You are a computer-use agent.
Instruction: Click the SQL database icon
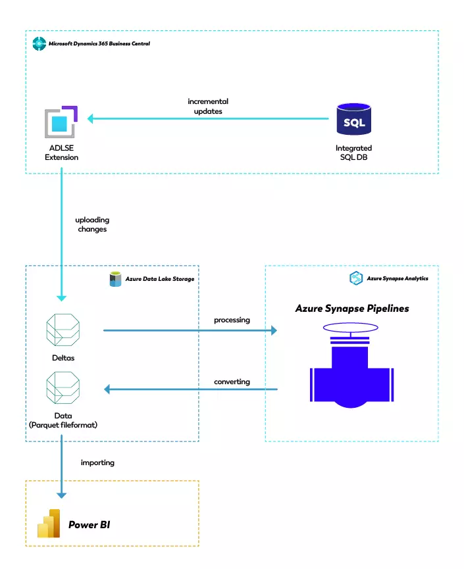point(353,119)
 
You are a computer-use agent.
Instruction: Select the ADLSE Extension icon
point(61,121)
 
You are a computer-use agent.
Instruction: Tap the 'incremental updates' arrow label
point(208,107)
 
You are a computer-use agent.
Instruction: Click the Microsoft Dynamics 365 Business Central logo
point(39,44)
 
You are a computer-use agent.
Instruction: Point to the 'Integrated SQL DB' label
point(353,153)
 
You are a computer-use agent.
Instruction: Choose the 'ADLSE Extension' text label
point(61,153)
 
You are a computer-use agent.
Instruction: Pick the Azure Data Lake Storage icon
point(116,279)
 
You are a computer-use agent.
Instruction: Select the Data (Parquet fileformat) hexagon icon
point(63,389)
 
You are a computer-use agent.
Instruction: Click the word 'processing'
point(232,320)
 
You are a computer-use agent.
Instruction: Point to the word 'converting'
point(232,382)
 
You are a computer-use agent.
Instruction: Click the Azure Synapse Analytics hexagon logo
point(355,278)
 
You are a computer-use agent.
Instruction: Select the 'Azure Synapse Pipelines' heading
point(352,308)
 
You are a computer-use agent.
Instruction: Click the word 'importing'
point(97,462)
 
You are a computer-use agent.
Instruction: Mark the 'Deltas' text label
point(63,359)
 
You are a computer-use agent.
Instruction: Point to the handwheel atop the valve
point(351,330)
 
